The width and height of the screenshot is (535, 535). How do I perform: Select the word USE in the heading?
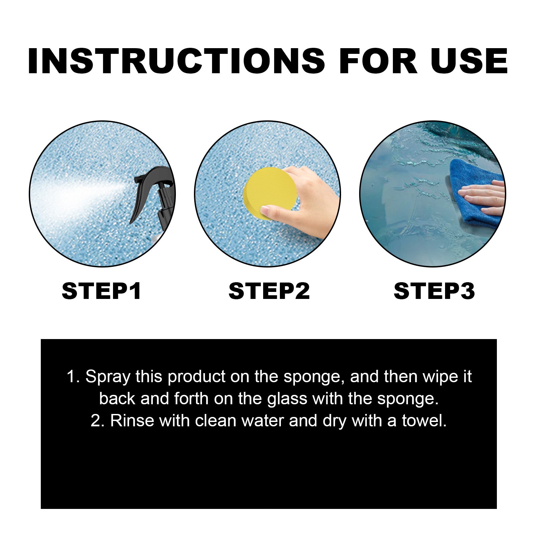click(469, 61)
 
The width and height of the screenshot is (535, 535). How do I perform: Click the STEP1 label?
click(102, 291)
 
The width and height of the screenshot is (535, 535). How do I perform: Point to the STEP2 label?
click(269, 291)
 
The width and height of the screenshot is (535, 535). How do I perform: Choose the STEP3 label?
click(434, 291)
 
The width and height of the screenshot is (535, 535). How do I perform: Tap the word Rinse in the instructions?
click(132, 421)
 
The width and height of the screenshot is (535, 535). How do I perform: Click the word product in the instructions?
click(197, 377)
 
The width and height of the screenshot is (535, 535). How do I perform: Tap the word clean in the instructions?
click(216, 421)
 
